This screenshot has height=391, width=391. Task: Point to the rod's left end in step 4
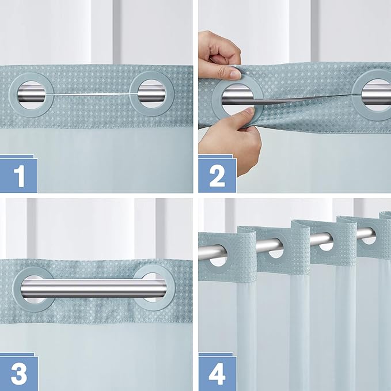point(203,252)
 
